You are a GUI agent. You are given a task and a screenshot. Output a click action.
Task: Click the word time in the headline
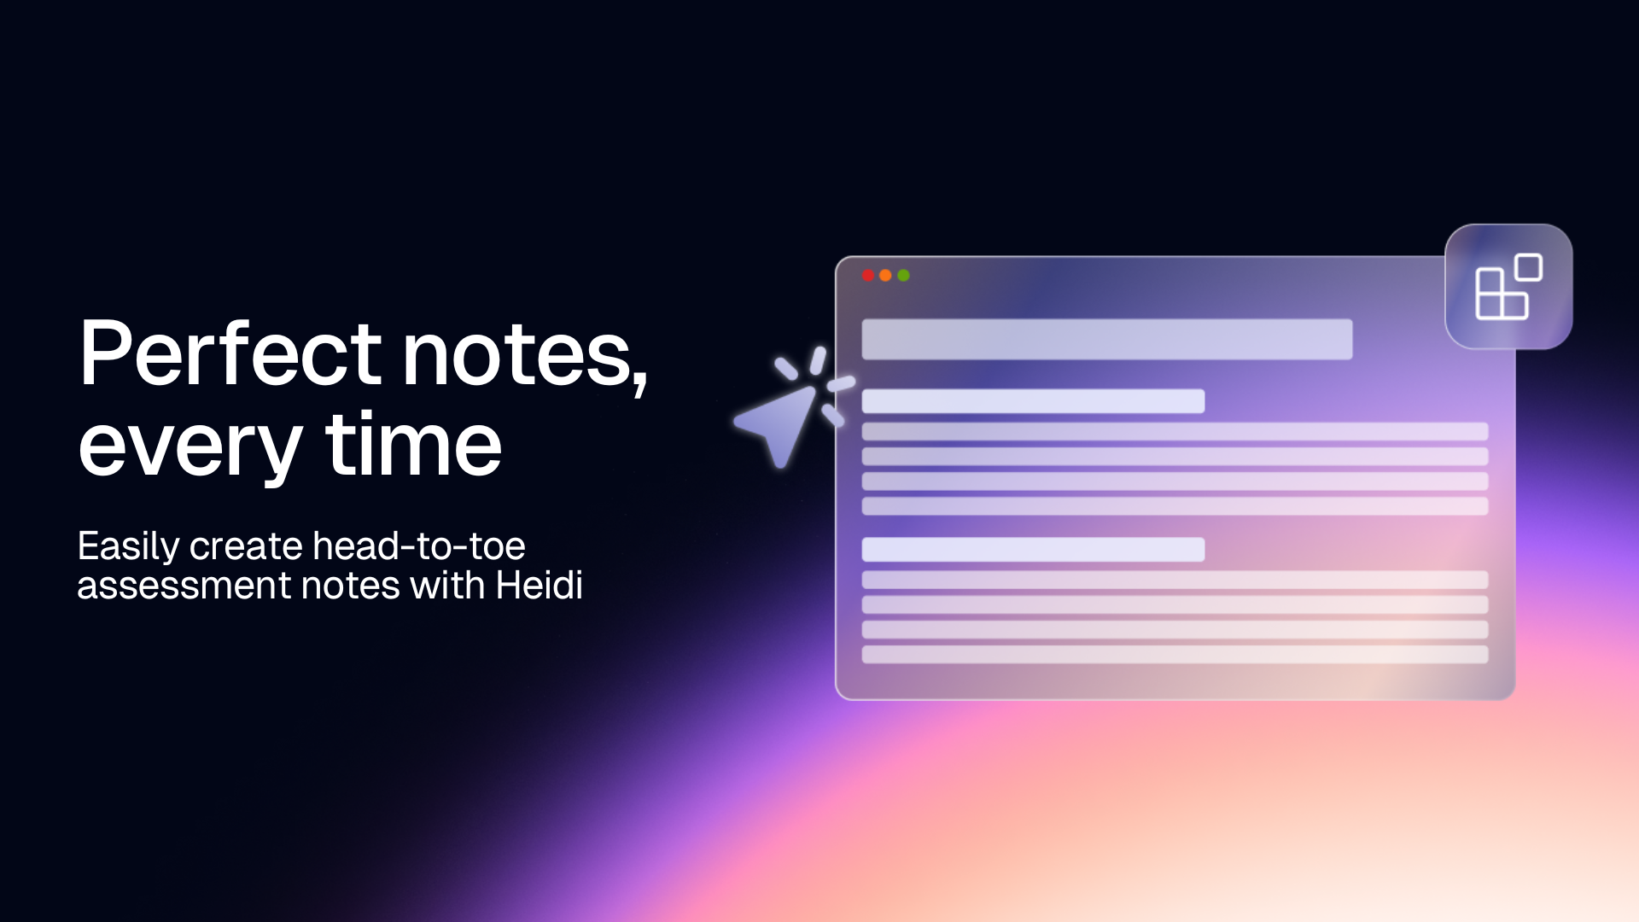pyautogui.click(x=413, y=444)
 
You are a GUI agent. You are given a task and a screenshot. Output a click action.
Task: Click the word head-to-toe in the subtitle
pyautogui.click(x=418, y=546)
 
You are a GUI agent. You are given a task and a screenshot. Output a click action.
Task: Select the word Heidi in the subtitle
pyautogui.click(x=539, y=586)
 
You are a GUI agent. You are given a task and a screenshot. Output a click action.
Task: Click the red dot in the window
pyautogui.click(x=868, y=276)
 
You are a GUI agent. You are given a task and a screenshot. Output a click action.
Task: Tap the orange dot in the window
pyautogui.click(x=885, y=276)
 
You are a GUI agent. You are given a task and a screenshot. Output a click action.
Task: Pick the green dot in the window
pyautogui.click(x=903, y=276)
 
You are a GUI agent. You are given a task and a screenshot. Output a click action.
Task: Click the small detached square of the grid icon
pyautogui.click(x=1528, y=267)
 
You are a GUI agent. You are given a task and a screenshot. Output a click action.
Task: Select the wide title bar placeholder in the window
pyautogui.click(x=1106, y=339)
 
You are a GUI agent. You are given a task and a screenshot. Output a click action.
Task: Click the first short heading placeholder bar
pyautogui.click(x=1033, y=401)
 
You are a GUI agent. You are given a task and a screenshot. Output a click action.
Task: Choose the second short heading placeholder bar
pyautogui.click(x=1033, y=550)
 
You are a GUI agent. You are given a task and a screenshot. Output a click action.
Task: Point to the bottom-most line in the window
pyautogui.click(x=1175, y=655)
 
